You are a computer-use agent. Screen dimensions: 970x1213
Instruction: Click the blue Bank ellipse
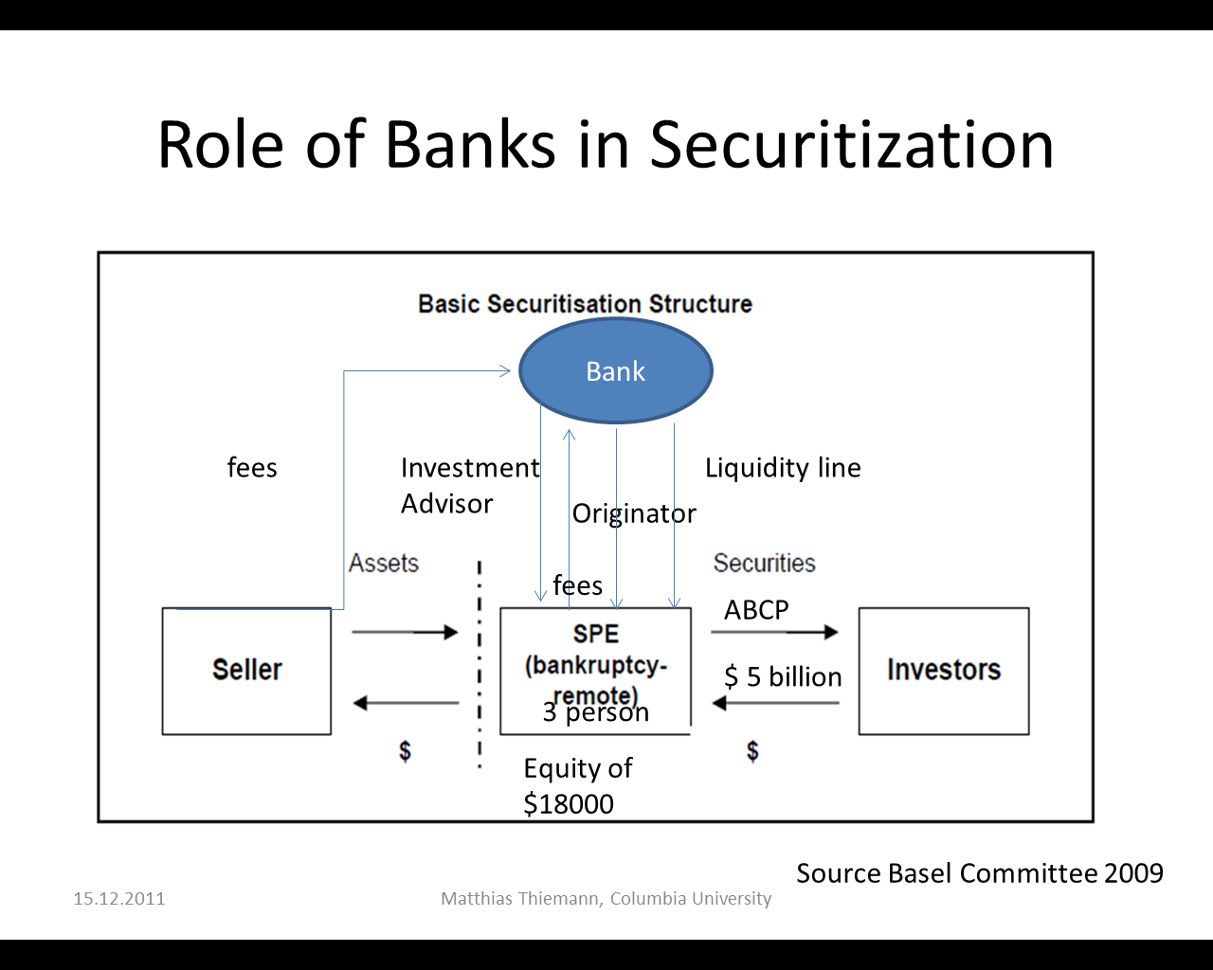pyautogui.click(x=616, y=370)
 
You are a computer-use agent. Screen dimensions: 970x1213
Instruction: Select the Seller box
pyautogui.click(x=246, y=671)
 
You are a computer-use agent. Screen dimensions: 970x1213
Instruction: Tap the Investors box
pyautogui.click(x=944, y=671)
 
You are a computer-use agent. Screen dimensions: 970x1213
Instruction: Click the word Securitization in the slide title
pyautogui.click(x=850, y=145)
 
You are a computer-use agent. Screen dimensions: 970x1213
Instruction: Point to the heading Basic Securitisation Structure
pyautogui.click(x=585, y=304)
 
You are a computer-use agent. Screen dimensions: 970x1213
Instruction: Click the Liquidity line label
pyautogui.click(x=783, y=468)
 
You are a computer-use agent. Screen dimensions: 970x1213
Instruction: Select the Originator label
pyautogui.click(x=633, y=513)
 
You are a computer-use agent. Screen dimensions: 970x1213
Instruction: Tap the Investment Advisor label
pyautogui.click(x=469, y=485)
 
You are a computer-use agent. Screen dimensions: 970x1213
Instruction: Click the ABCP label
pyautogui.click(x=756, y=610)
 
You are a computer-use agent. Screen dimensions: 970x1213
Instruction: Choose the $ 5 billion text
pyautogui.click(x=783, y=677)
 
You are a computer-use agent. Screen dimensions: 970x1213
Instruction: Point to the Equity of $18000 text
pyautogui.click(x=577, y=786)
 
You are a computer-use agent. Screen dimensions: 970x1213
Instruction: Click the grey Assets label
pyautogui.click(x=383, y=564)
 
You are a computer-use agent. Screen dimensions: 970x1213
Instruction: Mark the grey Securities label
pyautogui.click(x=764, y=564)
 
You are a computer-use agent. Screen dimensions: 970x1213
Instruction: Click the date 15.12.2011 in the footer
pyautogui.click(x=118, y=899)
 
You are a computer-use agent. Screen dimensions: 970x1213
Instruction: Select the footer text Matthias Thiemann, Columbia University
pyautogui.click(x=606, y=899)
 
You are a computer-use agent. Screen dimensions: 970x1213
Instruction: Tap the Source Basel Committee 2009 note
pyautogui.click(x=979, y=873)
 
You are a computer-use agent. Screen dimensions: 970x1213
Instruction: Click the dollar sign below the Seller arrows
pyautogui.click(x=405, y=751)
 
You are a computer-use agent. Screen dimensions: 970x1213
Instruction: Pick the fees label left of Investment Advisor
pyautogui.click(x=252, y=468)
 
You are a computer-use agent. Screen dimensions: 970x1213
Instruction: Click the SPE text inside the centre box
pyautogui.click(x=595, y=634)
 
